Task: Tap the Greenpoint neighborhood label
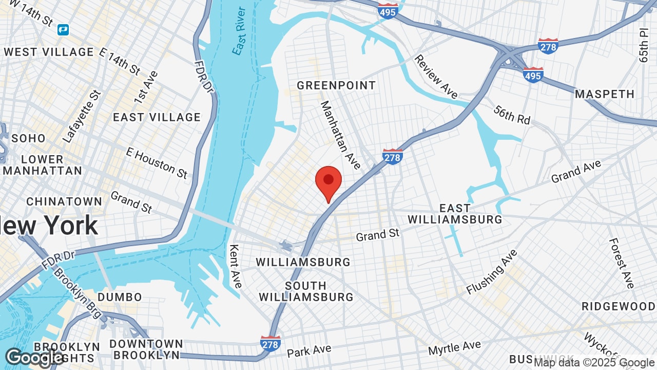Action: [x=336, y=85]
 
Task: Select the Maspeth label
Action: [x=605, y=94]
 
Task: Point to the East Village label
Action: [x=157, y=117]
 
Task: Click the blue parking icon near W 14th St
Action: [x=63, y=30]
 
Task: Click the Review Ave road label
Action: [x=436, y=77]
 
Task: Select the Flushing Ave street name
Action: [x=492, y=272]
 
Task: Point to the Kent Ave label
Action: [x=235, y=265]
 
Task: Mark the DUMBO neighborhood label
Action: [x=120, y=297]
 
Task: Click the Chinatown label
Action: [x=64, y=201]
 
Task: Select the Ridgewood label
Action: [x=618, y=306]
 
